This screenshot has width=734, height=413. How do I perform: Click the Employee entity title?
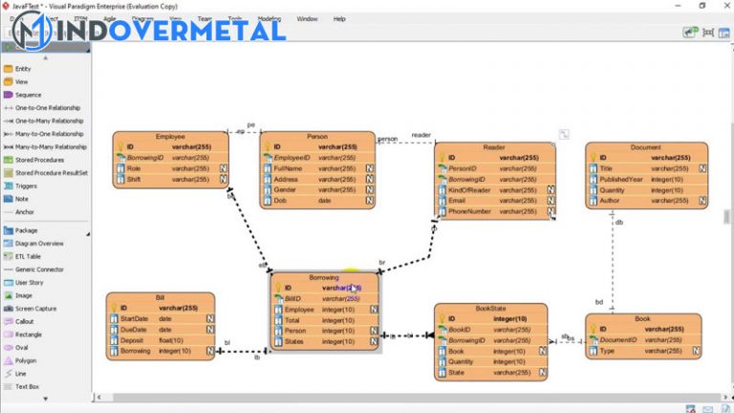170,137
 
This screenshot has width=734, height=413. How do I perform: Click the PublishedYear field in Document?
622,179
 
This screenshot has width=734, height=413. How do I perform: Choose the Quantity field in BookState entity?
462,362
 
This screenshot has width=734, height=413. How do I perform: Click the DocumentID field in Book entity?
620,340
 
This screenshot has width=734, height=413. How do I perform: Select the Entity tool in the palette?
23,69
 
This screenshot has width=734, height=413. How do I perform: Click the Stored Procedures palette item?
39,160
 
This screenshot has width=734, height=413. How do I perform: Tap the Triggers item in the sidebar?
27,185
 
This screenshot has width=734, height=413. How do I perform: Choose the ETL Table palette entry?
28,256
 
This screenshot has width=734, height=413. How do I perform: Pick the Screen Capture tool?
35,309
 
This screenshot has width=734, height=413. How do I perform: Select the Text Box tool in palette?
28,386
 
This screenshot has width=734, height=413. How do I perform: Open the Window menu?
307,18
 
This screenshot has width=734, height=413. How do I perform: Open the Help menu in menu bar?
339,18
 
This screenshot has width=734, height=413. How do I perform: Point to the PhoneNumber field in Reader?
470,211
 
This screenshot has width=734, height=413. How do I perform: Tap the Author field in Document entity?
611,201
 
